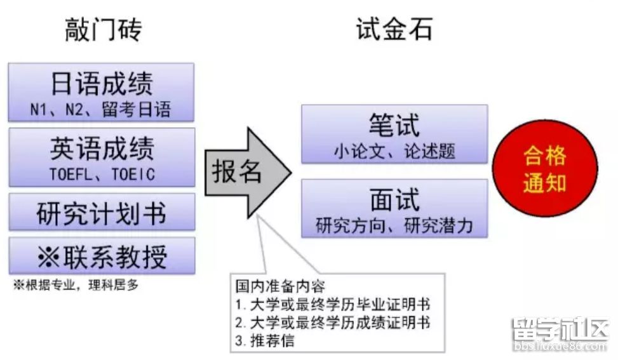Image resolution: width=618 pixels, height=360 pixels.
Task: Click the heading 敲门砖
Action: [104, 30]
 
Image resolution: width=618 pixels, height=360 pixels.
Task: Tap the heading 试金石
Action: [394, 29]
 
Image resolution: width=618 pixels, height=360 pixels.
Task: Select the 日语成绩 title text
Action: [102, 84]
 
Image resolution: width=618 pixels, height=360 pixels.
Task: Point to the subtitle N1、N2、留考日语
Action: [101, 109]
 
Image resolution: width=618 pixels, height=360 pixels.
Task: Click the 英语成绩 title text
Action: [102, 149]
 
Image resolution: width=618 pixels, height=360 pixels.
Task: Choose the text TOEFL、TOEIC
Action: [102, 174]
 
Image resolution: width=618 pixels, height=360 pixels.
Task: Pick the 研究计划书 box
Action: [102, 212]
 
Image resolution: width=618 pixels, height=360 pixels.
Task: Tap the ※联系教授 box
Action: [102, 256]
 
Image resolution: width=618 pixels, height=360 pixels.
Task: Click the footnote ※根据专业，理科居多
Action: [76, 284]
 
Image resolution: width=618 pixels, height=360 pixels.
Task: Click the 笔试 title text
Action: [394, 125]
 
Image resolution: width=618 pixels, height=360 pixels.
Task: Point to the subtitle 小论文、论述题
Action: [394, 151]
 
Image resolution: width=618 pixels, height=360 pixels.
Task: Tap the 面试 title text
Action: [394, 200]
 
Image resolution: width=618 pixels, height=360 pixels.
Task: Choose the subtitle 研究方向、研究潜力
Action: [394, 225]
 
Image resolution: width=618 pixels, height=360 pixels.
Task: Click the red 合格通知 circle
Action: [545, 169]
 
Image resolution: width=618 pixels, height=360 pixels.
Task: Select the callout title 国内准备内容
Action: [280, 286]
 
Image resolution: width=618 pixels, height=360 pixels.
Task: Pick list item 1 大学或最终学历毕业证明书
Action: [333, 304]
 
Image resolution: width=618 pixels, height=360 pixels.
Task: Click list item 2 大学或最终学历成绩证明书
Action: [333, 323]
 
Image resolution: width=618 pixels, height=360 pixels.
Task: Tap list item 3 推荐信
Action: [265, 340]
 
